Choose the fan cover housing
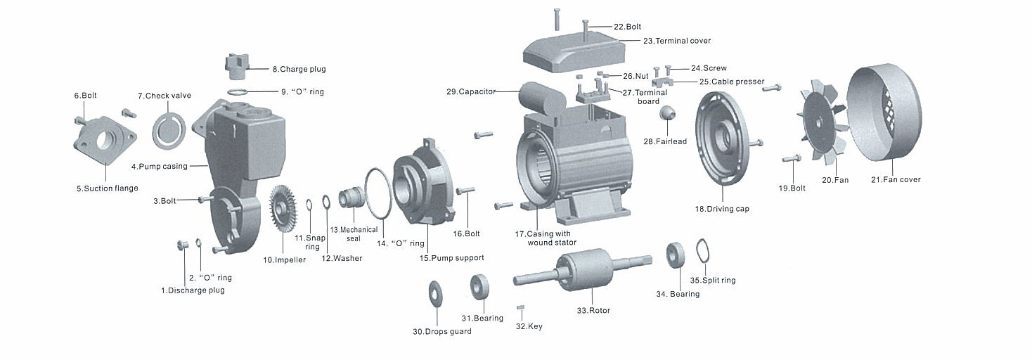tap(885, 117)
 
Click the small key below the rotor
tap(521, 308)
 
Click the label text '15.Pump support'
tap(451, 258)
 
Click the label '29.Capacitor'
tap(471, 91)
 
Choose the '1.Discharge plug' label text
tap(193, 290)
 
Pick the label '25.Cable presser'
tap(731, 82)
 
